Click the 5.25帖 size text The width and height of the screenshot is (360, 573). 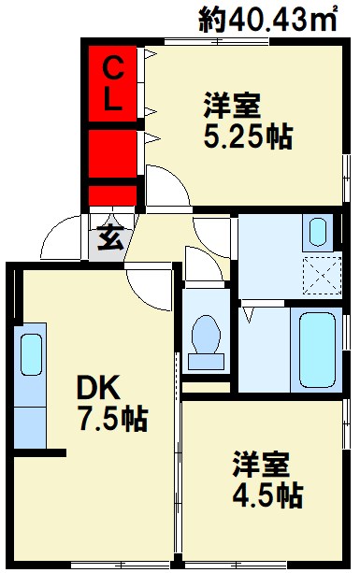[x=248, y=137]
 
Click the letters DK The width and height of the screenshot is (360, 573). [x=96, y=387]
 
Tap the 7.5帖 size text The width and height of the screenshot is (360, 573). [x=111, y=419]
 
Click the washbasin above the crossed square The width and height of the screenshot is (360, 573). [x=317, y=231]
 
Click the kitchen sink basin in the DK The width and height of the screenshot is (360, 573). [x=31, y=354]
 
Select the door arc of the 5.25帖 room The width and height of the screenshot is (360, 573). [x=166, y=188]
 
